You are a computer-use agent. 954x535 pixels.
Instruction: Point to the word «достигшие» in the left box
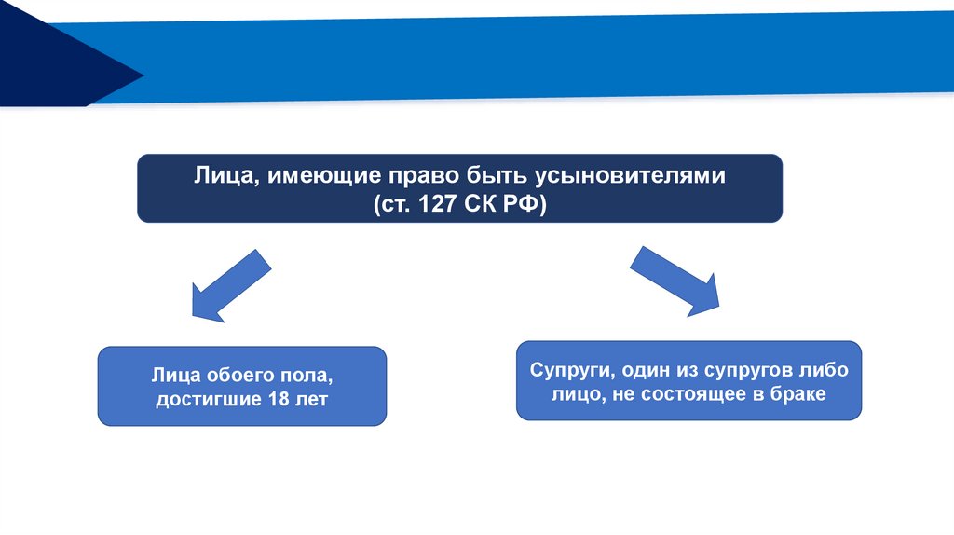[207, 399]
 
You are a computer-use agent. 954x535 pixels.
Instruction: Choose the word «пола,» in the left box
[305, 377]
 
